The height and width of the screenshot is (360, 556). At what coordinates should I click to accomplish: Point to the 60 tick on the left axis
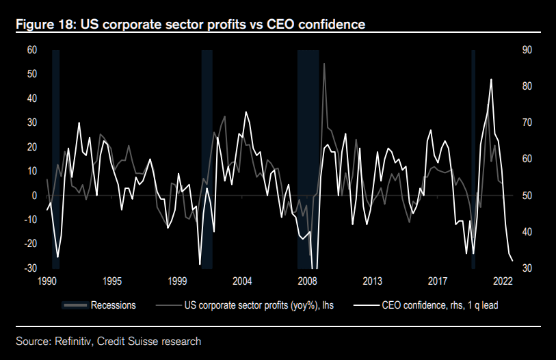pyautogui.click(x=31, y=50)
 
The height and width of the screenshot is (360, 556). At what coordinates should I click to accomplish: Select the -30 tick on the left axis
pyautogui.click(x=30, y=268)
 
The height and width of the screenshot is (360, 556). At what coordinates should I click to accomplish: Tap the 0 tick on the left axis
pyautogui.click(x=34, y=196)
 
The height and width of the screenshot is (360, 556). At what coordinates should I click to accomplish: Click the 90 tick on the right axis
pyautogui.click(x=527, y=50)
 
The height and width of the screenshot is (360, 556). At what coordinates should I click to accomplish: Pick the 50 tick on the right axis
pyautogui.click(x=527, y=196)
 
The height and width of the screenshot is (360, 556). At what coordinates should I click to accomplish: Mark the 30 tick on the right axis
pyautogui.click(x=527, y=268)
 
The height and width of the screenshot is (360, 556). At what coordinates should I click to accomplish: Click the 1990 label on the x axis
pyautogui.click(x=47, y=281)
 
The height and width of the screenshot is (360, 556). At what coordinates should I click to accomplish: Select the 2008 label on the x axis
pyautogui.click(x=307, y=281)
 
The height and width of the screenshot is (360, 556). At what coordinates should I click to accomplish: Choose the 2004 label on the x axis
pyautogui.click(x=242, y=281)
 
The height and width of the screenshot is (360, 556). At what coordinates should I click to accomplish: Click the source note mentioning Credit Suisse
pyautogui.click(x=109, y=340)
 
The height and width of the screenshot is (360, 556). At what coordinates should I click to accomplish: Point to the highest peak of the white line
pyautogui.click(x=491, y=80)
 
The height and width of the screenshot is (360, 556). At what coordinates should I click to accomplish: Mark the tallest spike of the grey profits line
pyautogui.click(x=323, y=64)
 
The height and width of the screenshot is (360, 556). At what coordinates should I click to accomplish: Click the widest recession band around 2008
pyautogui.click(x=308, y=157)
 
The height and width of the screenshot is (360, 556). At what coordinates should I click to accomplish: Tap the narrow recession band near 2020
pyautogui.click(x=473, y=157)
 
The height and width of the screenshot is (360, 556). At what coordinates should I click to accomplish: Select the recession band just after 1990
pyautogui.click(x=56, y=157)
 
